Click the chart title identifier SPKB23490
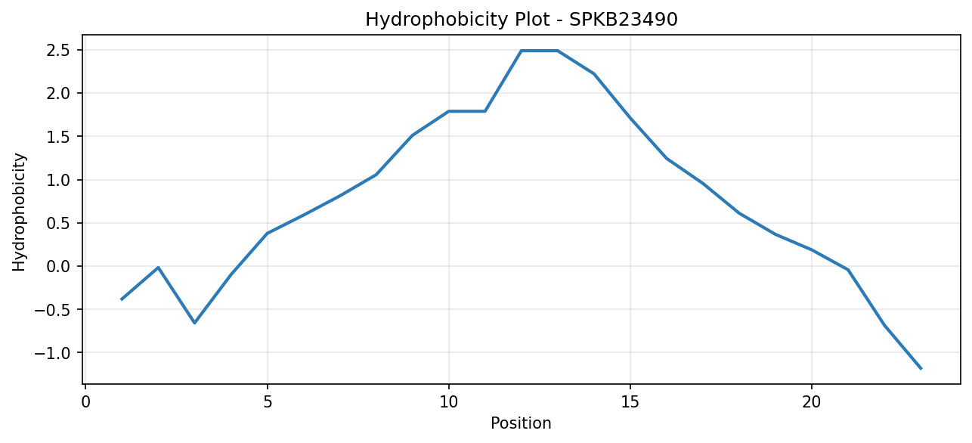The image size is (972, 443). point(623,20)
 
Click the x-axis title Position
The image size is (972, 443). point(521,423)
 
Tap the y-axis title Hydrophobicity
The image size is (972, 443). point(19,212)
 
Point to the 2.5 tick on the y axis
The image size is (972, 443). point(58,51)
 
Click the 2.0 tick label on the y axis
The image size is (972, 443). point(58,93)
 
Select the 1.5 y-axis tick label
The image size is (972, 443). point(58,137)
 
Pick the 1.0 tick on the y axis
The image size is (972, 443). point(58,180)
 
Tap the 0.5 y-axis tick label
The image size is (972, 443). point(58,223)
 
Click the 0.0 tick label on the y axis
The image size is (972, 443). point(58,266)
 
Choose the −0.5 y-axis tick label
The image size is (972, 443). point(52,310)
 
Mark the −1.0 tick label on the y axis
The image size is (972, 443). point(52,353)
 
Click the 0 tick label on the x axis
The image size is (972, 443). point(86,403)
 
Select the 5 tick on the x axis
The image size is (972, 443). point(268,403)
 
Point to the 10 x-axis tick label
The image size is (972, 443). point(449,403)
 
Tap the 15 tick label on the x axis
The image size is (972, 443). point(630,403)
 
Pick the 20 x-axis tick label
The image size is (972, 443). point(812,403)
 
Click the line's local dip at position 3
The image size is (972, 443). point(195,323)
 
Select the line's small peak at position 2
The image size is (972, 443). point(159,268)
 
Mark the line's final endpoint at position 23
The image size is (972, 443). point(921,368)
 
